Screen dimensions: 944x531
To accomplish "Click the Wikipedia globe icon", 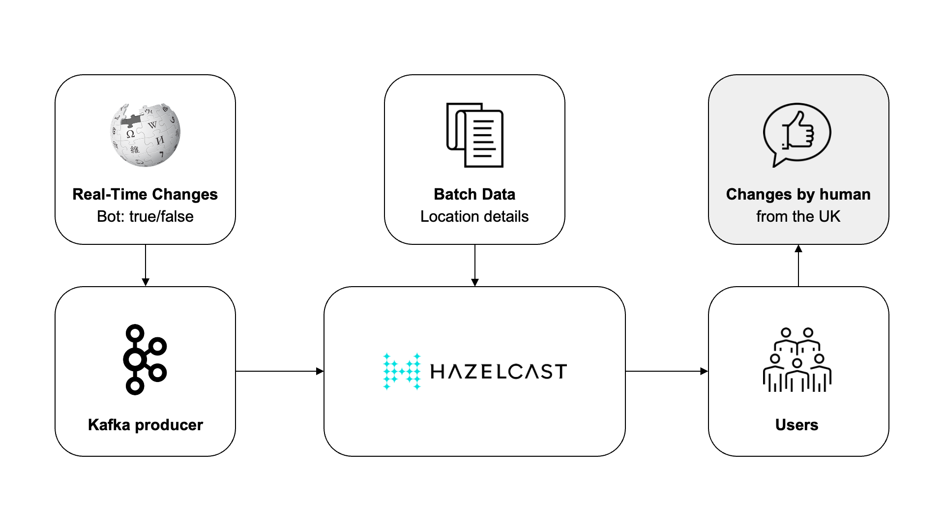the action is click(x=145, y=135).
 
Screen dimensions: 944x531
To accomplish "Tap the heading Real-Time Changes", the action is click(x=145, y=194).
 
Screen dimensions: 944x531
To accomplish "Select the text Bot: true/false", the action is click(x=145, y=216).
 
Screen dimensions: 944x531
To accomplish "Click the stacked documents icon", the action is click(x=474, y=135).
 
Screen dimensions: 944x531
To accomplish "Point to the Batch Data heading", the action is click(x=474, y=194).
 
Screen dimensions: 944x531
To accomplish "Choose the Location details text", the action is click(x=474, y=216).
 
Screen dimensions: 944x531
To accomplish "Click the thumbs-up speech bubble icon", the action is click(x=797, y=135).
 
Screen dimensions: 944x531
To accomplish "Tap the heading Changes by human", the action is click(x=798, y=194).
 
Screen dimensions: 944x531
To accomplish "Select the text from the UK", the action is click(x=798, y=216).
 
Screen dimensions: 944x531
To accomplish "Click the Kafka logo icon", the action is click(x=145, y=359).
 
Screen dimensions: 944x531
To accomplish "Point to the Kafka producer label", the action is click(x=145, y=425).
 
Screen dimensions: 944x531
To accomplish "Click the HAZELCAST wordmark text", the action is click(x=499, y=372).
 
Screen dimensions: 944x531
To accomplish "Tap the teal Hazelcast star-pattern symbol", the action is click(x=402, y=371).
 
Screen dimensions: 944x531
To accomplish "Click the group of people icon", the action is click(x=797, y=359).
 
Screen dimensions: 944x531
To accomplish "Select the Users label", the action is click(x=797, y=425).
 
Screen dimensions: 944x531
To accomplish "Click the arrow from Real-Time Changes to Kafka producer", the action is click(x=146, y=265).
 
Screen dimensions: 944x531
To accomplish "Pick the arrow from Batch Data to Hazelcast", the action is click(x=475, y=265).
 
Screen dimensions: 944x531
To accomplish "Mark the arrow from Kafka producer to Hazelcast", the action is click(x=280, y=371).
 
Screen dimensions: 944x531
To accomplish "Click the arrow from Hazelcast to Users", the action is click(x=667, y=371).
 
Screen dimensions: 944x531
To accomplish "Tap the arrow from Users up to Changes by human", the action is click(x=798, y=265).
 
